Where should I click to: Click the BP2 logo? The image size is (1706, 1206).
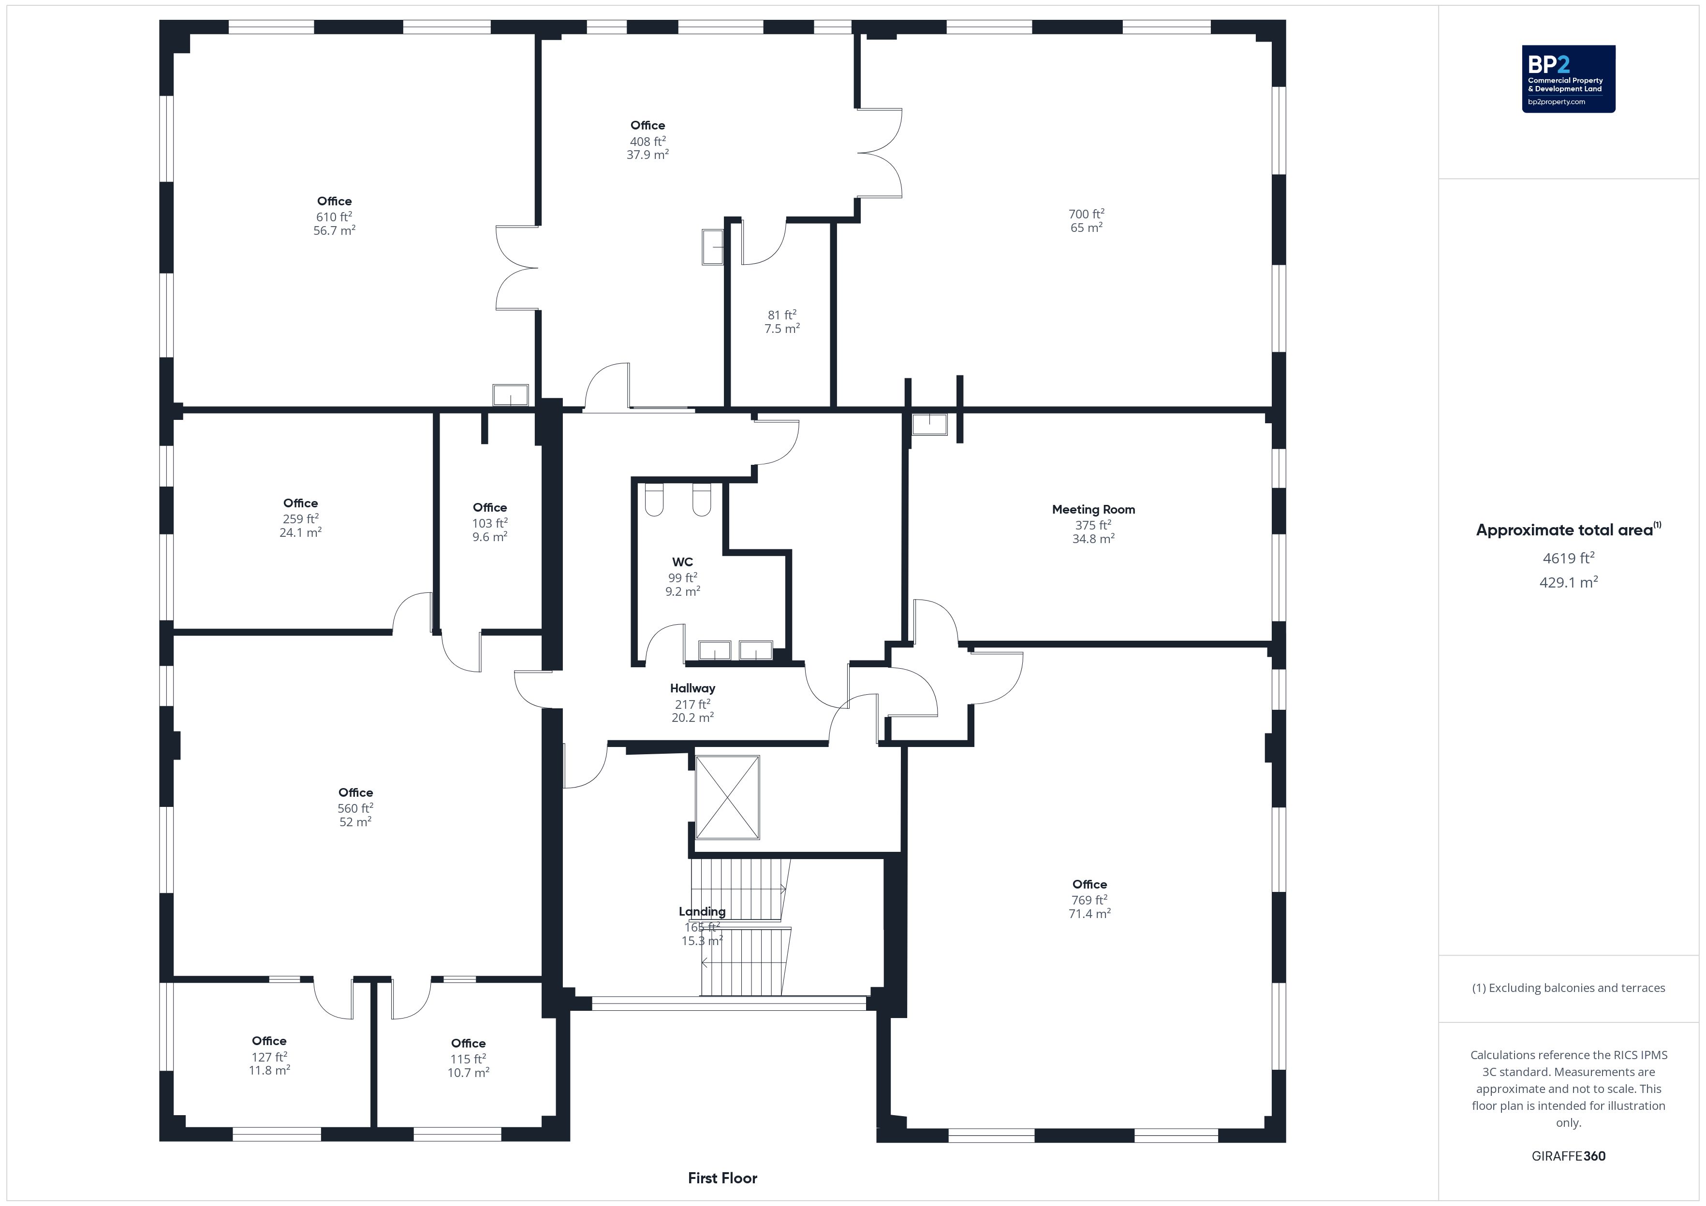(x=1569, y=79)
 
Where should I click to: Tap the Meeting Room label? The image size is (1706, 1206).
(x=1093, y=509)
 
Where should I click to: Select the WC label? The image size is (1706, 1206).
(x=682, y=562)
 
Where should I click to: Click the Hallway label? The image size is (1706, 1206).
(x=692, y=689)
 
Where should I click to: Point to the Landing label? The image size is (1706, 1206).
(x=702, y=912)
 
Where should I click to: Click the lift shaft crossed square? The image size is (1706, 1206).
(x=727, y=798)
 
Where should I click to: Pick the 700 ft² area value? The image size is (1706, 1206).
(x=1086, y=214)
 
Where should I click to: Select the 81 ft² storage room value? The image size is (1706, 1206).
(x=781, y=315)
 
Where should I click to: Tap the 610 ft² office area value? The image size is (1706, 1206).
(x=334, y=217)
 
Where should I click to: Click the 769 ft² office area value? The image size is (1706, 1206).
(x=1089, y=900)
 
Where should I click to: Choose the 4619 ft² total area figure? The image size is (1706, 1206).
(x=1569, y=559)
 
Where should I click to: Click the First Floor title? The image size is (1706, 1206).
(x=722, y=1178)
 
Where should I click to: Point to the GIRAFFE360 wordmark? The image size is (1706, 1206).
(x=1569, y=1156)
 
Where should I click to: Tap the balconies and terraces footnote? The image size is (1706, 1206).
(x=1569, y=988)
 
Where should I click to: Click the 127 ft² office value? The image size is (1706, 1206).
(x=269, y=1057)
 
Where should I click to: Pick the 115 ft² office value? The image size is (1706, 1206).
(x=468, y=1059)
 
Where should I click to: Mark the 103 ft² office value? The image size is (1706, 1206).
(x=490, y=524)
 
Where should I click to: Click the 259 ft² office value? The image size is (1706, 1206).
(x=300, y=519)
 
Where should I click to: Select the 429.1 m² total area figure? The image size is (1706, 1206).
(x=1569, y=582)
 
